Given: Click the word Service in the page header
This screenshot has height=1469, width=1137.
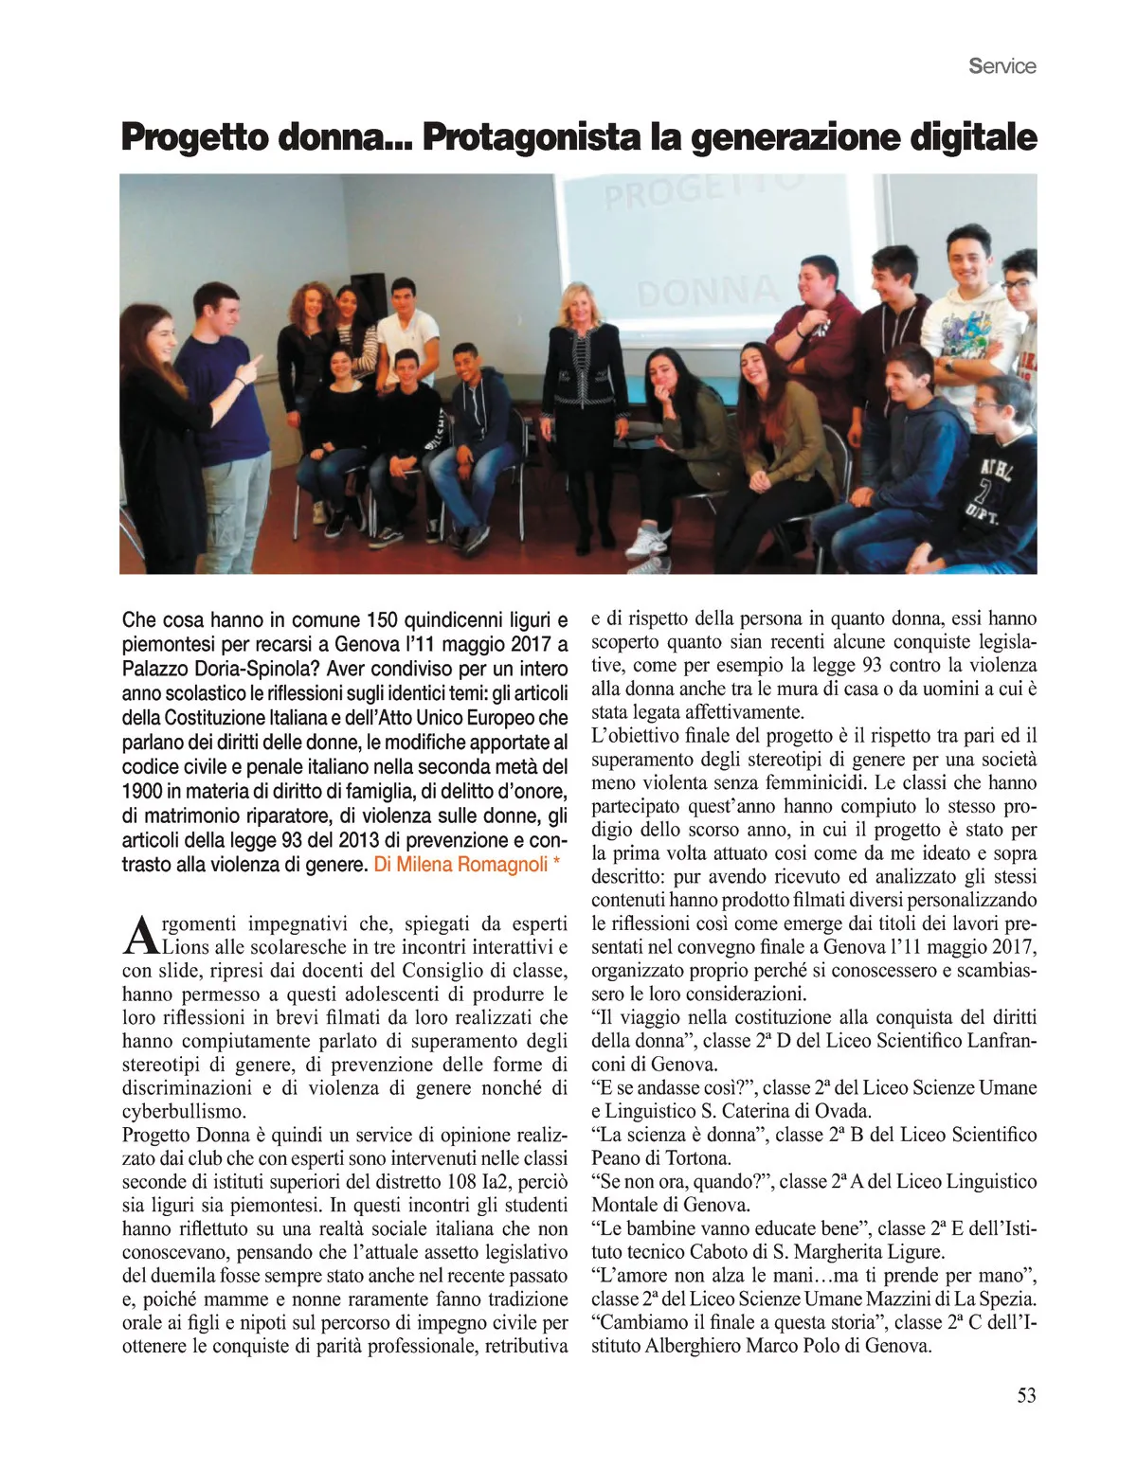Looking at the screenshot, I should (x=1002, y=66).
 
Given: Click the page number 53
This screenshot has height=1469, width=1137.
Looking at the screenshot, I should (x=1026, y=1395).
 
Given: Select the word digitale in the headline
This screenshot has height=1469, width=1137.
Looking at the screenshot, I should (x=973, y=138).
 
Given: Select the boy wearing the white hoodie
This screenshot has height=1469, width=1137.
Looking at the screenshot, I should (x=971, y=313).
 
